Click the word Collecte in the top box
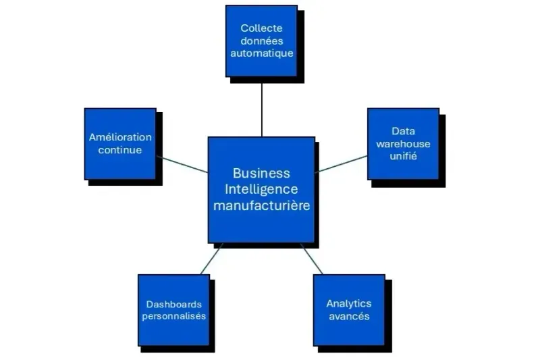[261, 28]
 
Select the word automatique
[261, 53]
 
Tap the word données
[261, 41]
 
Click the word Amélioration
[120, 137]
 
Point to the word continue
[120, 149]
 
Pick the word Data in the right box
[403, 131]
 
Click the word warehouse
[403, 143]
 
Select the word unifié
[403, 155]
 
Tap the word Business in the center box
[261, 174]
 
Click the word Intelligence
[261, 189]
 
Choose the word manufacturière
[261, 205]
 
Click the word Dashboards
[174, 303]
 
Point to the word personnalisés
[174, 315]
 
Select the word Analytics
[349, 303]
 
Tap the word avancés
[349, 315]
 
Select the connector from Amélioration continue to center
[182, 165]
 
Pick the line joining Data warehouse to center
[342, 163]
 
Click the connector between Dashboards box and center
[211, 259]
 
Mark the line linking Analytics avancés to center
[311, 259]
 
